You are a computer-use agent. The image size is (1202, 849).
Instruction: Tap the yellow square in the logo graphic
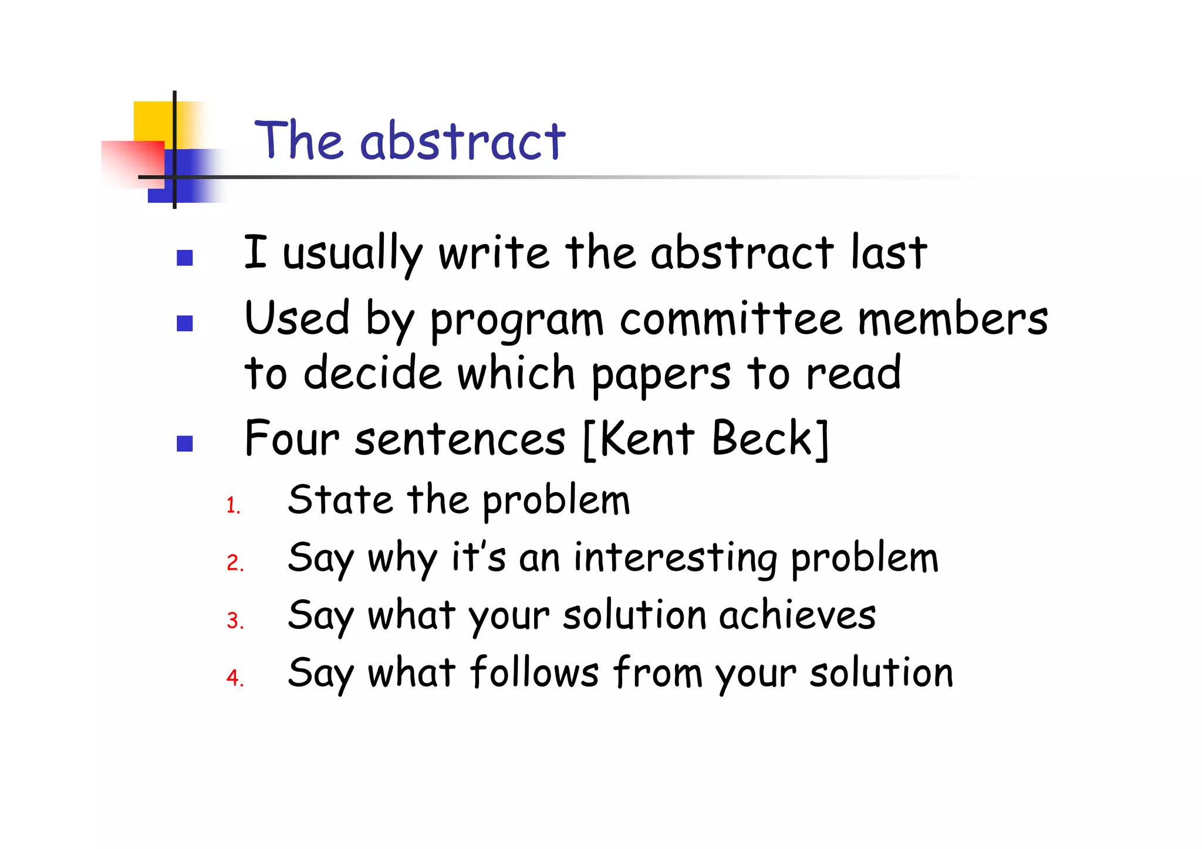(x=151, y=120)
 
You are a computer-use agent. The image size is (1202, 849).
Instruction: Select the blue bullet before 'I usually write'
(x=185, y=258)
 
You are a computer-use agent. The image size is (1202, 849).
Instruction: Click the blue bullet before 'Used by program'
(x=185, y=323)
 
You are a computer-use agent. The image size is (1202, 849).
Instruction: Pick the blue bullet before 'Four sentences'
(x=185, y=444)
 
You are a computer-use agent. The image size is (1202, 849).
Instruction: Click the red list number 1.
(x=233, y=506)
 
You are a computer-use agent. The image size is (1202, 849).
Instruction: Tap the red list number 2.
(x=235, y=563)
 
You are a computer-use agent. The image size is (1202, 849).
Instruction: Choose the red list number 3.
(x=235, y=621)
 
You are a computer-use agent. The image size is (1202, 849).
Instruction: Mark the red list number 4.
(x=235, y=678)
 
